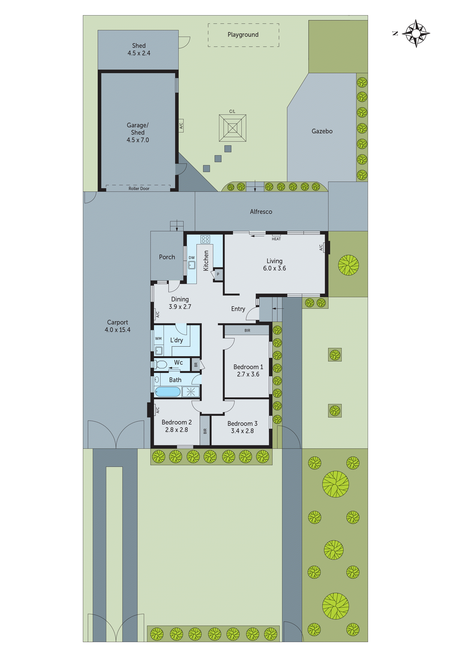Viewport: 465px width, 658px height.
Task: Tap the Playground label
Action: pos(243,35)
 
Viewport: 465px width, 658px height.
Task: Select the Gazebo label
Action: pos(322,131)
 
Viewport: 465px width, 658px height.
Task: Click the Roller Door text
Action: pos(139,189)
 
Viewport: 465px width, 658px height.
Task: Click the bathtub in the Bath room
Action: pos(168,391)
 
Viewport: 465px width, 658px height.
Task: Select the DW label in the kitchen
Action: pos(192,258)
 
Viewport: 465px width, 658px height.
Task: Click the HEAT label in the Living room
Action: pos(276,239)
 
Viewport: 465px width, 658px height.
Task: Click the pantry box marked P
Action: pos(218,274)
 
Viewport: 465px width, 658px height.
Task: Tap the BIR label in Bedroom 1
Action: pos(247,331)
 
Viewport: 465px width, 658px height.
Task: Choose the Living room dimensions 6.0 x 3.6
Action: pos(274,268)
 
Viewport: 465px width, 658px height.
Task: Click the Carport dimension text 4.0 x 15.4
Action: pos(117,330)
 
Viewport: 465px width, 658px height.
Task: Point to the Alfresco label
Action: pos(261,212)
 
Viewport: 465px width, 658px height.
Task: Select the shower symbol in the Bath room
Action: pos(190,391)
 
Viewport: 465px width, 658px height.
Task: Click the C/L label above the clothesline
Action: pos(232,111)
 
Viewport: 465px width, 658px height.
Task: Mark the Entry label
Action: pos(238,309)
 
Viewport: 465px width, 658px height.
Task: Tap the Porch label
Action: pos(167,257)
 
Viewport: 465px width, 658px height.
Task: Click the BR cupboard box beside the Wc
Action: pos(196,365)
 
